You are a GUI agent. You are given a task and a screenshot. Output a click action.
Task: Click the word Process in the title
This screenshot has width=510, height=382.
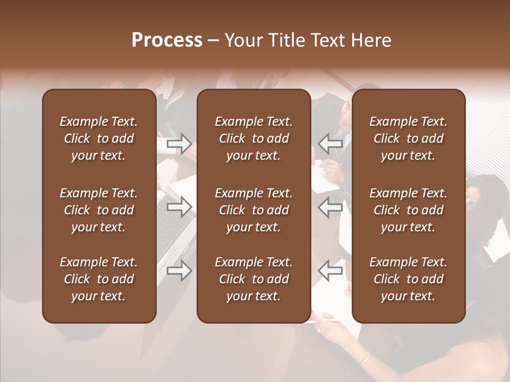pos(167,40)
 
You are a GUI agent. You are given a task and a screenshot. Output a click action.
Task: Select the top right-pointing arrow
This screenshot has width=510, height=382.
pos(180,143)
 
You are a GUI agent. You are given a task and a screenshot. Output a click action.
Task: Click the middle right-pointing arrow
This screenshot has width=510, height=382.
pos(180,207)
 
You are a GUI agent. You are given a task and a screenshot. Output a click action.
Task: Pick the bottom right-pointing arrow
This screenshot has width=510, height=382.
pos(180,271)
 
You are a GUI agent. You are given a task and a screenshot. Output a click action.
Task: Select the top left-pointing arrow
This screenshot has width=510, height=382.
pos(330,143)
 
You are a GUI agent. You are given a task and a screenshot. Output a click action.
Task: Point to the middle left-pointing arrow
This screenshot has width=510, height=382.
pos(330,207)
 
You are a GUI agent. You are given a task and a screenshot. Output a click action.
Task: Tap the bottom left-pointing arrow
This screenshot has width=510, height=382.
pos(330,271)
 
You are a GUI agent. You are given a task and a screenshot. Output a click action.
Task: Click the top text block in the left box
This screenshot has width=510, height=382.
pos(99,138)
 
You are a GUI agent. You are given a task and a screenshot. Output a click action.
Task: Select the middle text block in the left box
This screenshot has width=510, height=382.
pos(99,210)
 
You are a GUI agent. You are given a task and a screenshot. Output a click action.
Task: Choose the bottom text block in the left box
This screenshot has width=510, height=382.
pos(99,279)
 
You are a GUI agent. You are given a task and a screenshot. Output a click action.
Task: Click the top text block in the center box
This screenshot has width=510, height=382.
pos(253,138)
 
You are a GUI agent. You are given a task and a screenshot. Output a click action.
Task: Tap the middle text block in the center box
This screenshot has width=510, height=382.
pos(253,210)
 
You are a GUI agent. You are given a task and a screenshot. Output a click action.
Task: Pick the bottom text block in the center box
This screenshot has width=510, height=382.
pos(253,279)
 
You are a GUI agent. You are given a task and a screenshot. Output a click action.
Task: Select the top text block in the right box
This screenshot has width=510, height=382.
pos(408,138)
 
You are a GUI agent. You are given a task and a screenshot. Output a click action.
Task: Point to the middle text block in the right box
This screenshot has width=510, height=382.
pos(408,210)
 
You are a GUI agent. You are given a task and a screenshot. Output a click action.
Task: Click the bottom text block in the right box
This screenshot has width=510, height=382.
pos(408,279)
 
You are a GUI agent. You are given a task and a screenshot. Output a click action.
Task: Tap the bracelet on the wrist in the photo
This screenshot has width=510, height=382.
pos(364,357)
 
